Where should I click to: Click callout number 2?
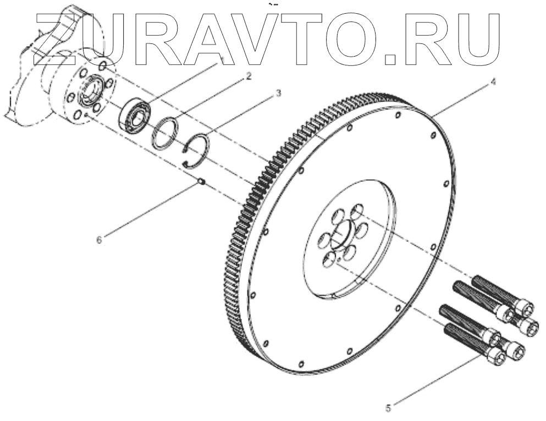click(x=249, y=76)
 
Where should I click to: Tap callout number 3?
click(x=278, y=93)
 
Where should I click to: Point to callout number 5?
click(x=388, y=408)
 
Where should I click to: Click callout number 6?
click(x=99, y=240)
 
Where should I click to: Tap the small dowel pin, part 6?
click(x=202, y=181)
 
